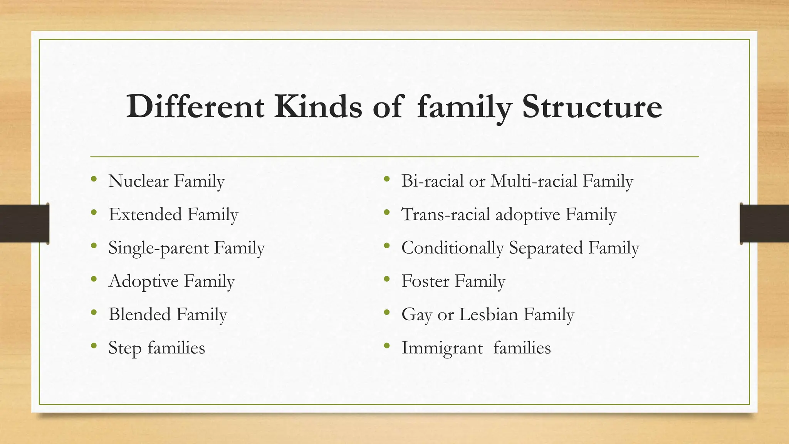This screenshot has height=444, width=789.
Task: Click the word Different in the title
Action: (x=195, y=106)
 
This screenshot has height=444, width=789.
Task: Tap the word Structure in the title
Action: (x=592, y=106)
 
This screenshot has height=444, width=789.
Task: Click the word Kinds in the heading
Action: (x=318, y=106)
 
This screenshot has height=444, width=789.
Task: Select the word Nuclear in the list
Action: (x=139, y=181)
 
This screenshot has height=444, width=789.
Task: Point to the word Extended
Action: (x=145, y=215)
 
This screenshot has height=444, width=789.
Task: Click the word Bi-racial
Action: (x=432, y=181)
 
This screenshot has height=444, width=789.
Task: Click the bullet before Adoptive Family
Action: (x=94, y=279)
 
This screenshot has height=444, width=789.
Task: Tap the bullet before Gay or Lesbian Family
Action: (x=387, y=313)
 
